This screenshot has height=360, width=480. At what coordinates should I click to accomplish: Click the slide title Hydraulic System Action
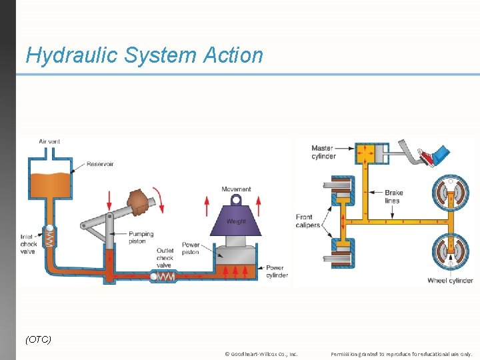coord(144,55)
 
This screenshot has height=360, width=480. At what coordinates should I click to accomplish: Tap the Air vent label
coord(49,141)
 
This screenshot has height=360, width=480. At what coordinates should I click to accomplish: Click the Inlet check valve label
coord(27,243)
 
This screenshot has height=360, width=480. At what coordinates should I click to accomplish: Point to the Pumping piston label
coord(141,237)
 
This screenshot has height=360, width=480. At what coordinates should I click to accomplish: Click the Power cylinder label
coord(277,271)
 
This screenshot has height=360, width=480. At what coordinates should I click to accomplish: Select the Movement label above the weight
coord(236,189)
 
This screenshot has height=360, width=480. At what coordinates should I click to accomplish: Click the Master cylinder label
coord(323,153)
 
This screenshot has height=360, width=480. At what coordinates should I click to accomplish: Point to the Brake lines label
coord(393,197)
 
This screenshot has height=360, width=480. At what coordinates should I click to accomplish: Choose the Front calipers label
coord(308,221)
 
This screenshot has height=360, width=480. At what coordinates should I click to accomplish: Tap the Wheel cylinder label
coord(450,281)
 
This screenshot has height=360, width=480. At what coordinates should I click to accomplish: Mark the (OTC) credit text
coord(38,339)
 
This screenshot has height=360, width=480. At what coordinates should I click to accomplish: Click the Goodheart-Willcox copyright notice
coord(261,354)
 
